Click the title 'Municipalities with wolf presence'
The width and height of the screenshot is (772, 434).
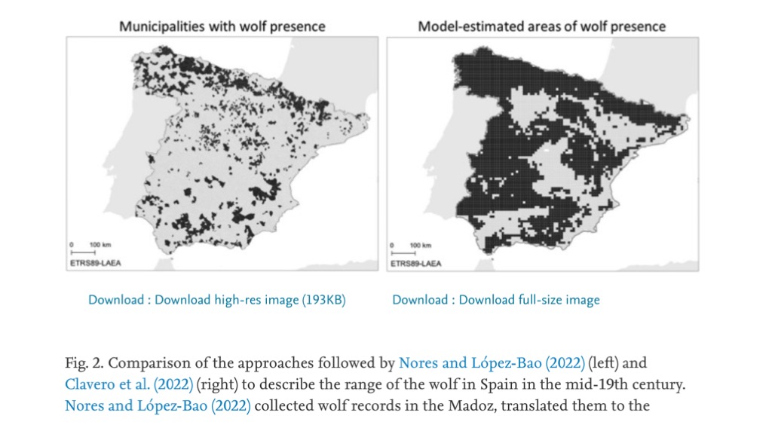click(222, 26)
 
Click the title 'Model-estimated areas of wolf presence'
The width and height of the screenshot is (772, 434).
click(542, 26)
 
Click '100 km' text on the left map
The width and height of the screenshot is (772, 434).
click(100, 246)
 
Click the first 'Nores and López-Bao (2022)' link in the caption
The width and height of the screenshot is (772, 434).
click(492, 363)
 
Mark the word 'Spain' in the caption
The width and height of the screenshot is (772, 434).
click(495, 384)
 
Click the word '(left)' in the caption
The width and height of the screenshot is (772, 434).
click(602, 363)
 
